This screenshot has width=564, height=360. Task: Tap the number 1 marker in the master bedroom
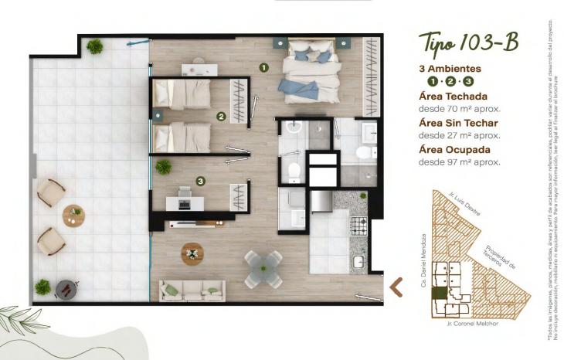(x=263, y=68)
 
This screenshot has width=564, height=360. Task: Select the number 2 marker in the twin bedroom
(x=221, y=117)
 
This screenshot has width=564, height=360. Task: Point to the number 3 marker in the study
(x=200, y=182)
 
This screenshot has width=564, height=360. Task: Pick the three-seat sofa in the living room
(x=192, y=290)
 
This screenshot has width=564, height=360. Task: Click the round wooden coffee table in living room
(x=192, y=253)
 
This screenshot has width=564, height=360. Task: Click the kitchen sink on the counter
(x=359, y=263)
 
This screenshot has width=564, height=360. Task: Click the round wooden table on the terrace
(x=74, y=216)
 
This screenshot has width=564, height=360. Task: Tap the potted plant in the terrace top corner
(x=95, y=47)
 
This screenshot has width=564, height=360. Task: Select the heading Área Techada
(x=452, y=97)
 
